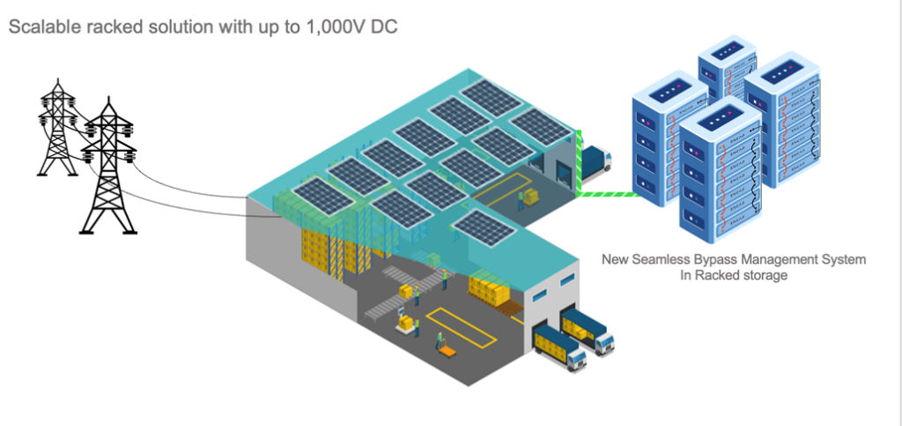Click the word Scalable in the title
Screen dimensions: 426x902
pyautogui.click(x=41, y=27)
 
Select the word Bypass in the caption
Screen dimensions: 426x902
pyautogui.click(x=713, y=260)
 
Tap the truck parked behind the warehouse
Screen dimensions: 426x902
pyautogui.click(x=595, y=160)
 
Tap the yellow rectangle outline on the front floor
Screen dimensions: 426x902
pyautogui.click(x=450, y=318)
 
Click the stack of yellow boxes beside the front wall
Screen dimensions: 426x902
pyautogui.click(x=490, y=290)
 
